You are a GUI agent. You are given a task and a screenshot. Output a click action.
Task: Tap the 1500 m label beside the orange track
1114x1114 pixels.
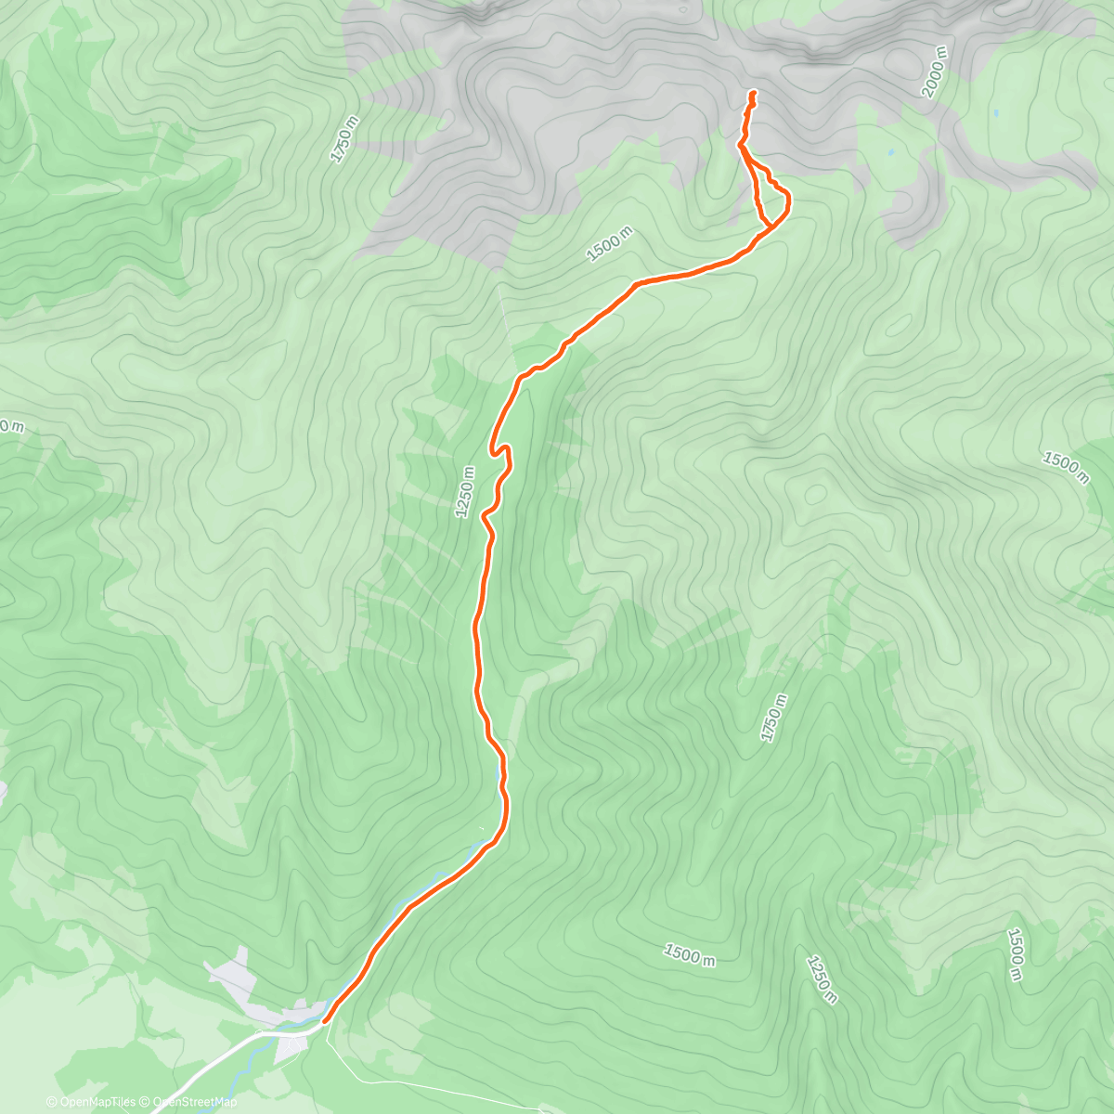(x=609, y=243)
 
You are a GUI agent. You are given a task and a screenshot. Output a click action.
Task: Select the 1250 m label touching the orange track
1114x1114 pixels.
(x=466, y=492)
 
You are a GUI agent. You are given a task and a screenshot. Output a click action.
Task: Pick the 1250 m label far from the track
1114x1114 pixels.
(x=823, y=978)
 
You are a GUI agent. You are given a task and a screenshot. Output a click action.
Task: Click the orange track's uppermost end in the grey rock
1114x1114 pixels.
(x=751, y=93)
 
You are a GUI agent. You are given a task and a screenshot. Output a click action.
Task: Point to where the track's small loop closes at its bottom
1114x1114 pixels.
(x=771, y=225)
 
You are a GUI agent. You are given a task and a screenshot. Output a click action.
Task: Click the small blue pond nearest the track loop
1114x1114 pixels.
(x=891, y=151)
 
